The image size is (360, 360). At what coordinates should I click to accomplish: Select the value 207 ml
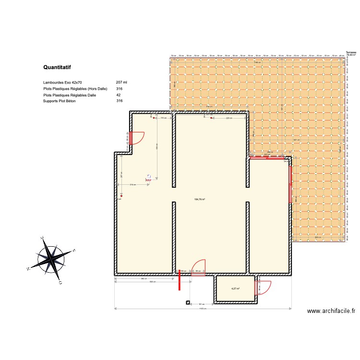point(121,83)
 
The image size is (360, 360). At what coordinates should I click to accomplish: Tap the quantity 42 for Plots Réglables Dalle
point(119,95)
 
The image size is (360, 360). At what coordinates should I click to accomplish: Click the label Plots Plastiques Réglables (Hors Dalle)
point(75,89)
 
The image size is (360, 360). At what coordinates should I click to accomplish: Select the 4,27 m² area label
point(235,289)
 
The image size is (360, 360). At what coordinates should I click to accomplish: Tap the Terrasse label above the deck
point(351,52)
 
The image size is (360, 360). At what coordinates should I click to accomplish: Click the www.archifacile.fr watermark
point(331,311)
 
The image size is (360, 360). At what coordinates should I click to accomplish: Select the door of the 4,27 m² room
point(263,287)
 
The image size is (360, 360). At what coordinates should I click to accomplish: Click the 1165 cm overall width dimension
point(203,309)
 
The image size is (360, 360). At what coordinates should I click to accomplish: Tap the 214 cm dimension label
point(132,184)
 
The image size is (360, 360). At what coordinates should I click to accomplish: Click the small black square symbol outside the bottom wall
point(187,303)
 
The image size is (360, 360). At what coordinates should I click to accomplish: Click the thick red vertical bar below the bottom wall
point(180,280)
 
